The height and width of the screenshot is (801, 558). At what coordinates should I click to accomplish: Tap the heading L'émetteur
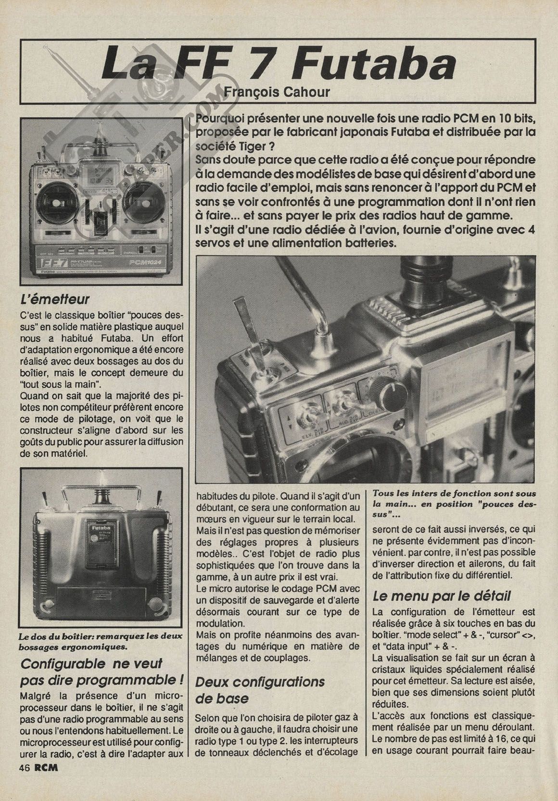point(56,299)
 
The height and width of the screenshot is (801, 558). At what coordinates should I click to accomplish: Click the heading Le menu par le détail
point(442,596)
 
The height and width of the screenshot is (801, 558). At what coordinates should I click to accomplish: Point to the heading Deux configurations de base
point(260,690)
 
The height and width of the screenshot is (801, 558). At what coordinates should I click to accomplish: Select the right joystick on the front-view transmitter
point(145,197)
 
